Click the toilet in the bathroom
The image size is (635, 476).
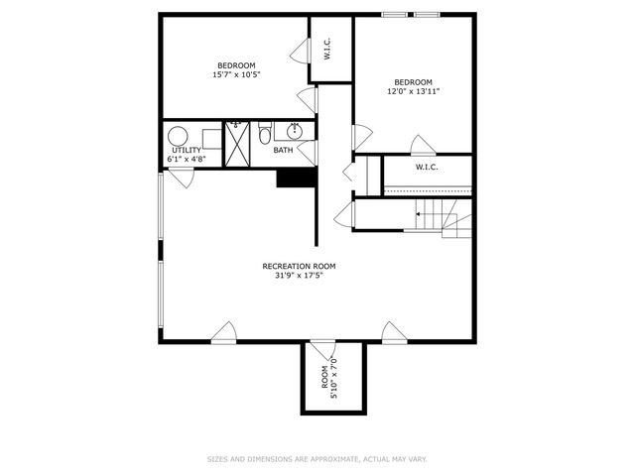tap(265, 134)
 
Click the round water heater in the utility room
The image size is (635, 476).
tap(179, 137)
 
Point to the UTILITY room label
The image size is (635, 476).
tap(187, 151)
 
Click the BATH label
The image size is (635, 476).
tap(284, 151)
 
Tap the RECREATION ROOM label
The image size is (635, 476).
tap(300, 266)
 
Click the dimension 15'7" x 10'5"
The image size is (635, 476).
tap(236, 75)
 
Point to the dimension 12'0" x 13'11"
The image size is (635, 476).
tap(414, 91)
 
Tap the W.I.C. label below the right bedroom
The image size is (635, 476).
tap(427, 167)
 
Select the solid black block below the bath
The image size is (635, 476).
tap(296, 178)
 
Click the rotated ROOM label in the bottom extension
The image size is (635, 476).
tap(324, 378)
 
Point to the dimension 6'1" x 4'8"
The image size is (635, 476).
tap(187, 159)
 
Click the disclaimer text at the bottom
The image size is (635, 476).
tap(317, 459)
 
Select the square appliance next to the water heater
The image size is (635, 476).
tap(213, 137)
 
